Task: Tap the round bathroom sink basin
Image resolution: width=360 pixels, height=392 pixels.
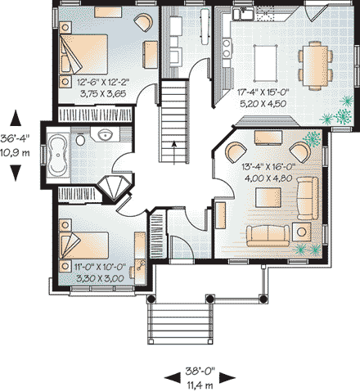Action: click(104, 136)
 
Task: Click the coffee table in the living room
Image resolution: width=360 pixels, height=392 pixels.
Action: click(267, 196)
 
